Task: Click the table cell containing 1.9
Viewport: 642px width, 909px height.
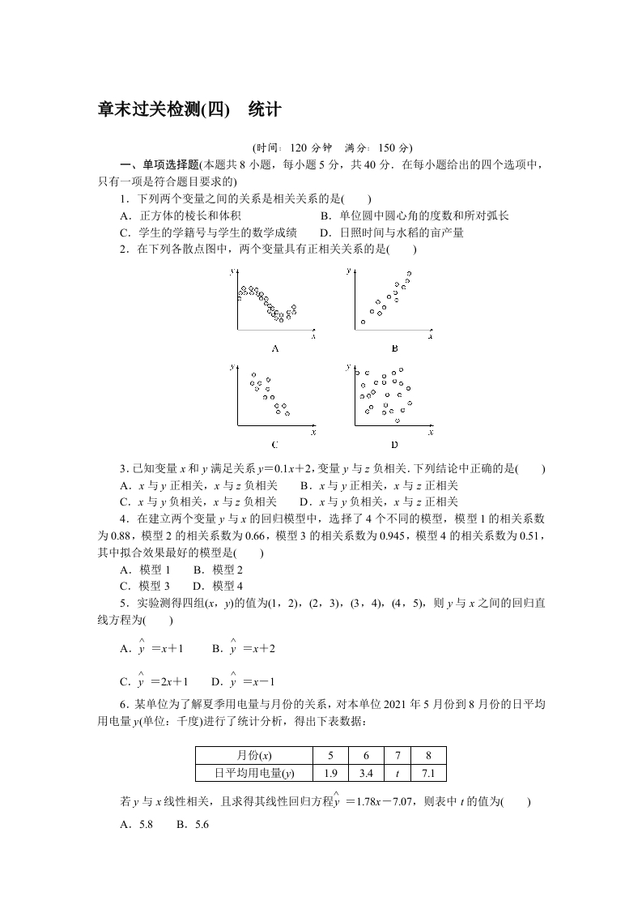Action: coord(330,773)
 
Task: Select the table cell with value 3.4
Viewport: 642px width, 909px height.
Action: coord(365,773)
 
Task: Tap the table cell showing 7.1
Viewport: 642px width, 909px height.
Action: coord(428,773)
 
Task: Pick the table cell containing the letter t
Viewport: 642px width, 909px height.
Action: coord(397,773)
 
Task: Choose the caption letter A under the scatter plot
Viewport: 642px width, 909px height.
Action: coord(275,348)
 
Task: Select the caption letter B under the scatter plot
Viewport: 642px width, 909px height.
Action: coord(394,348)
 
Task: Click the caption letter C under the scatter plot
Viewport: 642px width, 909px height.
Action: coord(275,444)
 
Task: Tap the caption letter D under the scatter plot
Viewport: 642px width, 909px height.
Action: coord(394,444)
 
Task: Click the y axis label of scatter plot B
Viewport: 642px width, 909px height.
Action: coord(349,269)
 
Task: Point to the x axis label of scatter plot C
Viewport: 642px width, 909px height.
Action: coord(313,431)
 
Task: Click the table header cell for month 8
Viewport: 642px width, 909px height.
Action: coord(428,756)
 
